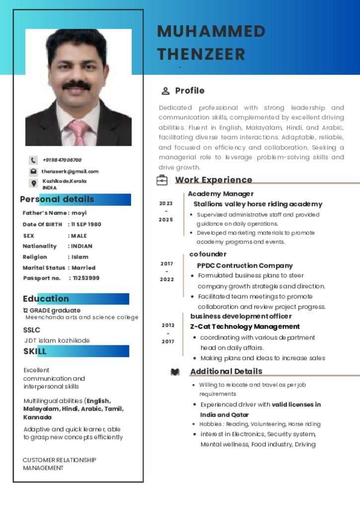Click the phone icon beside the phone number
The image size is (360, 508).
coord(33,160)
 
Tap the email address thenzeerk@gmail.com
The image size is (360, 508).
coord(70,172)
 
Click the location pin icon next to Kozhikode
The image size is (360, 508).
coord(33,184)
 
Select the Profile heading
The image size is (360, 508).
coord(190,91)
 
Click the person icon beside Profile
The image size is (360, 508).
coord(165,91)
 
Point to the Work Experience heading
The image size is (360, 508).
coord(214,180)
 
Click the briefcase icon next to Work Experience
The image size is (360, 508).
coord(162,180)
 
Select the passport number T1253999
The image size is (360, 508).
coord(86,278)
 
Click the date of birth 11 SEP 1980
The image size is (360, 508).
coord(86,224)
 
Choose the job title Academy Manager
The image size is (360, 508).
coord(220,194)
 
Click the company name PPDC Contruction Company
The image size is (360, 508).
coord(245,265)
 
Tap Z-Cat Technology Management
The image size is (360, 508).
coord(245,326)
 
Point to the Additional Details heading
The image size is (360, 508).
coord(226,371)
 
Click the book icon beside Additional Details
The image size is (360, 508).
coord(175,372)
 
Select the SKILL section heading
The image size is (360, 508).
coord(35,351)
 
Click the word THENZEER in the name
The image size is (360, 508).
coord(201,54)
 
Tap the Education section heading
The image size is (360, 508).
coord(46,299)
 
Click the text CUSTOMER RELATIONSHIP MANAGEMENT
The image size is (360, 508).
coord(60,464)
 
